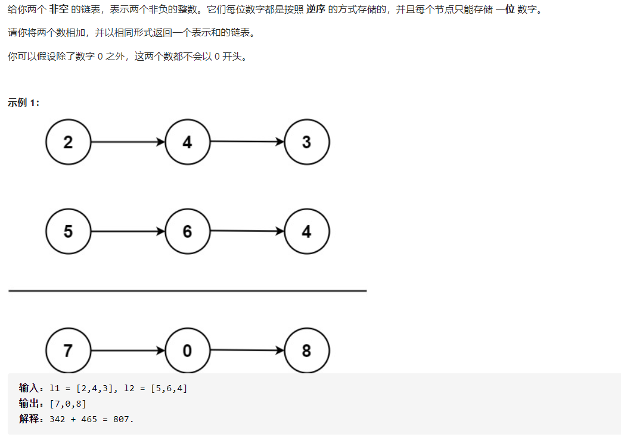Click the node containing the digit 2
pyautogui.click(x=68, y=142)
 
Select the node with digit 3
pyautogui.click(x=306, y=142)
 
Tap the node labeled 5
pyautogui.click(x=68, y=232)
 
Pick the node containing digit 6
pyautogui.click(x=187, y=232)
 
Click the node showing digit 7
pyautogui.click(x=68, y=351)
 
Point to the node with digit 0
pyautogui.click(x=187, y=351)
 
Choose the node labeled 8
pyautogui.click(x=306, y=351)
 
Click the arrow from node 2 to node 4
pyautogui.click(x=128, y=142)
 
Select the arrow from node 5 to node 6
pyautogui.click(x=128, y=232)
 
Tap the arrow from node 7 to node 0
pyautogui.click(x=128, y=351)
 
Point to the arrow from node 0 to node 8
pyautogui.click(x=247, y=351)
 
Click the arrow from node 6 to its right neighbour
pyautogui.click(x=247, y=231)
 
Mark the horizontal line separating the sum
pyautogui.click(x=187, y=291)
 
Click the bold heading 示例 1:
pyautogui.click(x=24, y=102)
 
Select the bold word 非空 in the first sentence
pyautogui.click(x=58, y=10)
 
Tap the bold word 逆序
pyautogui.click(x=316, y=10)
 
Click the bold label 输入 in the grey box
pyautogui.click(x=28, y=389)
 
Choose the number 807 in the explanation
pyautogui.click(x=122, y=419)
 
